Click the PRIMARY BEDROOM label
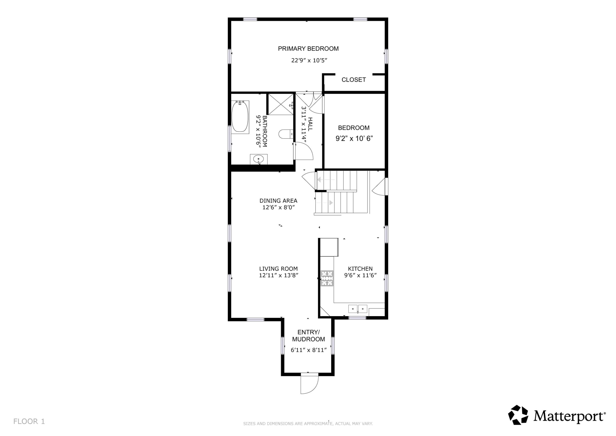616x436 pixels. (x=308, y=49)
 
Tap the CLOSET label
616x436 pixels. (x=353, y=80)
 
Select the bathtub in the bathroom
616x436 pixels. (x=240, y=117)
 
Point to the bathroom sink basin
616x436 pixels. (x=258, y=159)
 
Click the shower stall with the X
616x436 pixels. (x=281, y=104)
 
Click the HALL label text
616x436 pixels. (x=310, y=124)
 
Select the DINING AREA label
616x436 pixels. (x=278, y=201)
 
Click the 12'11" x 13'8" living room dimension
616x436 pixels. (x=278, y=275)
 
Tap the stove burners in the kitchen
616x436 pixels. (x=327, y=278)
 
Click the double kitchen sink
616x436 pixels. (x=358, y=309)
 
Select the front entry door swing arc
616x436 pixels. (x=310, y=384)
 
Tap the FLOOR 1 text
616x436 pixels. (x=29, y=421)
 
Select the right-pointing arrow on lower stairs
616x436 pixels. (x=331, y=202)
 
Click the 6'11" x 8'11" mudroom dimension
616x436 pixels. (x=309, y=350)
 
